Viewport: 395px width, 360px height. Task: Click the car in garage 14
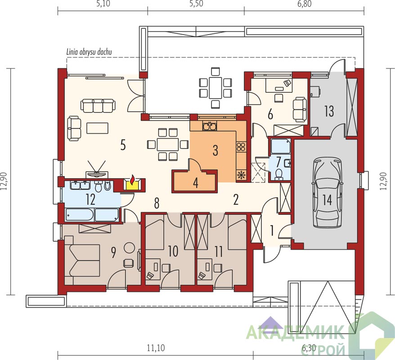point(327,193)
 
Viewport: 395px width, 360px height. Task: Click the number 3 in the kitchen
point(215,150)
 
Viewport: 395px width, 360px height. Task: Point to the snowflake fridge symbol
point(241,175)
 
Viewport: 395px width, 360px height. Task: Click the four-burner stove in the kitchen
point(241,147)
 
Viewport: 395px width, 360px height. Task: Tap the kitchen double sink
point(209,126)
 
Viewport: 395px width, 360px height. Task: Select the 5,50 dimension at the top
point(196,4)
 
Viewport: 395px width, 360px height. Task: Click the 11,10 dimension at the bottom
point(156,348)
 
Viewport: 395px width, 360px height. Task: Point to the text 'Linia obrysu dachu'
point(89,52)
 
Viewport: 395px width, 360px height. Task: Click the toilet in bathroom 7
point(278,174)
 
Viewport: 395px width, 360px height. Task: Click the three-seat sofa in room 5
point(98,105)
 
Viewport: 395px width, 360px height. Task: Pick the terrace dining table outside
point(215,88)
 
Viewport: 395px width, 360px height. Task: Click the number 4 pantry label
point(196,183)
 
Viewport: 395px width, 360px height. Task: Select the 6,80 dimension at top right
point(304,4)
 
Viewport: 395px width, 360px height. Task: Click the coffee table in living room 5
point(98,128)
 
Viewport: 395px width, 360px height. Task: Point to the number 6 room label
point(270,115)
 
